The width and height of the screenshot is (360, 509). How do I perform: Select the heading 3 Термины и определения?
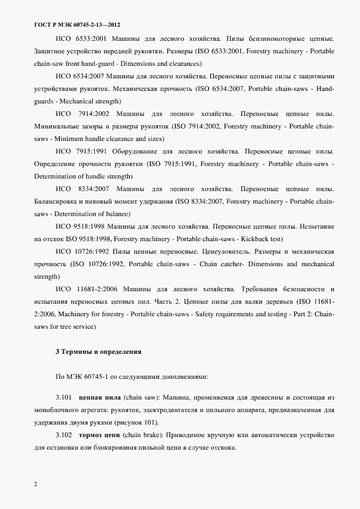point(99,352)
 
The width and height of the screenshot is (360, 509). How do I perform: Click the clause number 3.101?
point(64,397)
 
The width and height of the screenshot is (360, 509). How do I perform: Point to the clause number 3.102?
point(64,436)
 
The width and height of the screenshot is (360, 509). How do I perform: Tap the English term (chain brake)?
point(140,436)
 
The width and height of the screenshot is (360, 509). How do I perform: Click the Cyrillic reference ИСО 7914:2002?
point(83,114)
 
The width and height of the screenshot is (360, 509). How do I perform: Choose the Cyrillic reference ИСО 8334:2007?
point(83,189)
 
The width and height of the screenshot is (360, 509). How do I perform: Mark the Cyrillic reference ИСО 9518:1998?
point(80,226)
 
